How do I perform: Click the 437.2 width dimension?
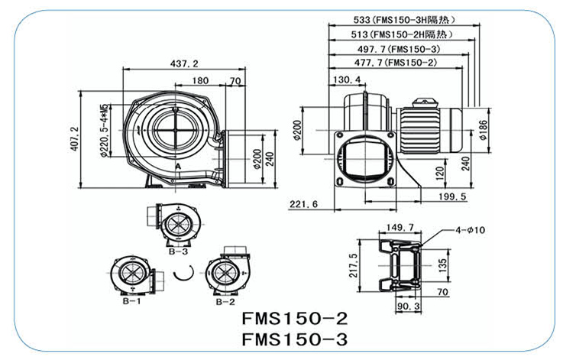[x=184, y=63]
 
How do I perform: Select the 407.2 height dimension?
[x=74, y=139]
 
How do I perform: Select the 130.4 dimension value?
[x=346, y=79]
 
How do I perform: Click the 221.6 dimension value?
[x=303, y=203]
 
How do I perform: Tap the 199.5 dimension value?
[x=453, y=197]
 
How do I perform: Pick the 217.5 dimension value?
[x=353, y=267]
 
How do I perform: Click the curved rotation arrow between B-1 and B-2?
[x=182, y=274]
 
